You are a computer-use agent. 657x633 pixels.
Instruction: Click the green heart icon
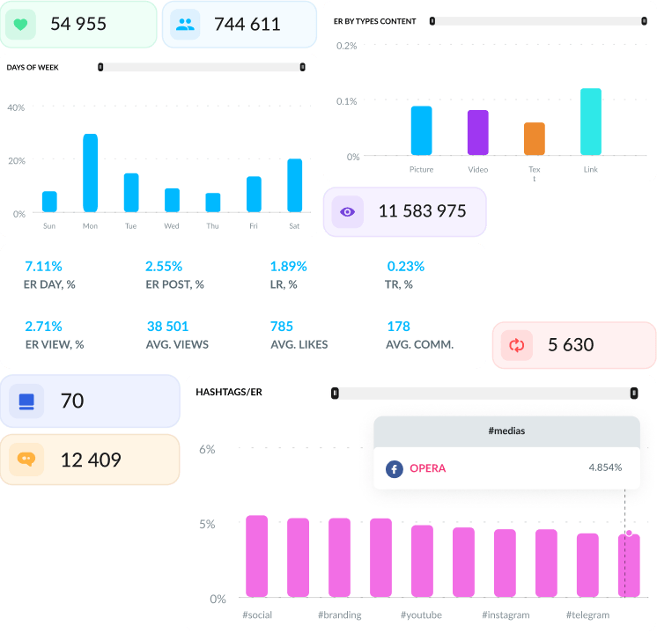click(20, 25)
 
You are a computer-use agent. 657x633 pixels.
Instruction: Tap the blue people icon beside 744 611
click(185, 25)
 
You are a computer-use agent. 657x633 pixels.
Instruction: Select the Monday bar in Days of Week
click(90, 173)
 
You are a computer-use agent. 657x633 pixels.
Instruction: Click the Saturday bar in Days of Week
click(294, 185)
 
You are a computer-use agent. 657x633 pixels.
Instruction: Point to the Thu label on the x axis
click(212, 226)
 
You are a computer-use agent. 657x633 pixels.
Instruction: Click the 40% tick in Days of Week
click(16, 107)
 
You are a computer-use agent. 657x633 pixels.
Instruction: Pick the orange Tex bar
click(535, 139)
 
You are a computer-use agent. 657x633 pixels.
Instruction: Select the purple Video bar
click(477, 133)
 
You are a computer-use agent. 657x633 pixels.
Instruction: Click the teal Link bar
click(591, 121)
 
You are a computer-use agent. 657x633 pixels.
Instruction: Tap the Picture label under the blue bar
click(421, 169)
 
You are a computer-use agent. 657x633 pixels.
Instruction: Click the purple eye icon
click(348, 211)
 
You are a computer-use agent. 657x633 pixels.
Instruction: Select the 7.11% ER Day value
click(43, 266)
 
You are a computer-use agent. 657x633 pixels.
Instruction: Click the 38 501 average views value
click(167, 326)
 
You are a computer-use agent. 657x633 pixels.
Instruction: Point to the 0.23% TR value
click(405, 266)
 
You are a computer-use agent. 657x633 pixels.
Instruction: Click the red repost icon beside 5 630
click(517, 345)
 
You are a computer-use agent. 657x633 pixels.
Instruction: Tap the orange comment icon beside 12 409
click(26, 460)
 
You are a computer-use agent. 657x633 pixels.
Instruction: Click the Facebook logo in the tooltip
click(394, 468)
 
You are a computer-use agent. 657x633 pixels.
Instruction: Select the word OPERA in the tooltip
click(428, 468)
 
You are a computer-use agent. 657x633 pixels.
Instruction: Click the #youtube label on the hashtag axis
click(421, 615)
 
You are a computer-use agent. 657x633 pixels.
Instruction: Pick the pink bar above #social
click(256, 556)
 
